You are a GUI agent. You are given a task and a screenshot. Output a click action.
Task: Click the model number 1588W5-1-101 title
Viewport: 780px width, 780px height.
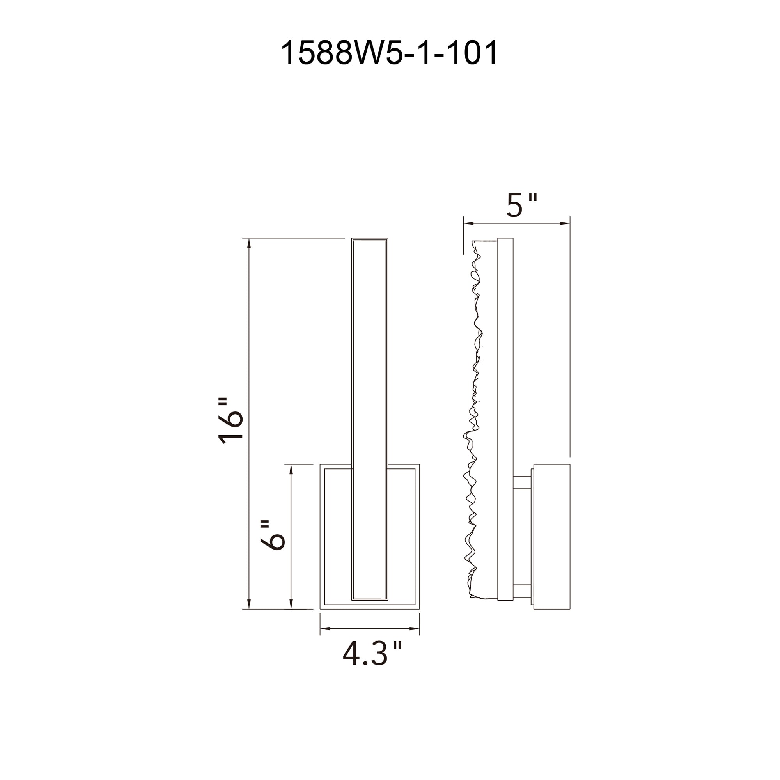point(389,53)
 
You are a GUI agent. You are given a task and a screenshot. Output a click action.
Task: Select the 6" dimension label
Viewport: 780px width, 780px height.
point(273,535)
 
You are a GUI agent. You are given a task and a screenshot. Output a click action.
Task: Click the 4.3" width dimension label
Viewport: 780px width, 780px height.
point(372,654)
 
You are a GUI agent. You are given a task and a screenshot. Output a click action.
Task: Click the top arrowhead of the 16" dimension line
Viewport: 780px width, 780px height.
point(249,243)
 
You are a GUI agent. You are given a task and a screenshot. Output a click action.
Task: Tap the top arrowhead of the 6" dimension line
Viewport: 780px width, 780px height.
point(291,470)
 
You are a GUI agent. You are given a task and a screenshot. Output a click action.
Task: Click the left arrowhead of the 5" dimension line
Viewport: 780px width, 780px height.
point(468,223)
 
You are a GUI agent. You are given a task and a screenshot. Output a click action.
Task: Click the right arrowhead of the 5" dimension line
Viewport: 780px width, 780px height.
point(565,223)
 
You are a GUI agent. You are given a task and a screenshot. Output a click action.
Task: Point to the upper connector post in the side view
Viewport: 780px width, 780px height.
point(523,482)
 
